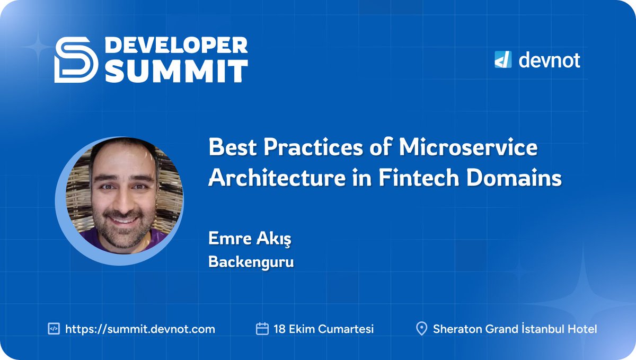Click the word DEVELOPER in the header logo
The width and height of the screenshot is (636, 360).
[176, 46]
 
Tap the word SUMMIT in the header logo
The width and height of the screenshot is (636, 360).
[176, 71]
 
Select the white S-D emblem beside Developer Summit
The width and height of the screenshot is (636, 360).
[76, 59]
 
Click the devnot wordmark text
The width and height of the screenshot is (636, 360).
[549, 60]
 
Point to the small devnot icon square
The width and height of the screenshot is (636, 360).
[502, 60]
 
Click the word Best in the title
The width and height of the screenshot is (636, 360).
[229, 148]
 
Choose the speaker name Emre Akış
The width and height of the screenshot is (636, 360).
[250, 240]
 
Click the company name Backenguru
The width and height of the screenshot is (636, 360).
[251, 262]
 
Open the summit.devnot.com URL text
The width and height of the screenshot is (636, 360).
[140, 329]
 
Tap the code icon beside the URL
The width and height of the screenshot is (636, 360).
[54, 329]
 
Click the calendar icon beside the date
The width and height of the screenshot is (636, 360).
[262, 329]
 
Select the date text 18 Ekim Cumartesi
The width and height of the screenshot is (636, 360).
[323, 329]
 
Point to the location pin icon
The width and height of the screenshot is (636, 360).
[422, 329]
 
